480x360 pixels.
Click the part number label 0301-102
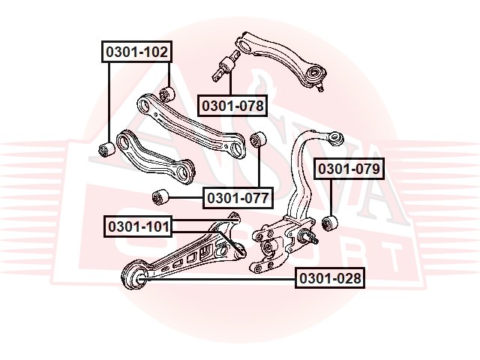[136, 52]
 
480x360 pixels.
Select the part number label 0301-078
[232, 106]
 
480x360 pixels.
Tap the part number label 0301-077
[238, 198]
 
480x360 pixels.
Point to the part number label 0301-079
[349, 169]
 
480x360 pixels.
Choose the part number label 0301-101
[138, 226]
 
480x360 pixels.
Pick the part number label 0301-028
[330, 278]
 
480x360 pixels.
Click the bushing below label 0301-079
[331, 223]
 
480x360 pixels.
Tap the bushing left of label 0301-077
[160, 197]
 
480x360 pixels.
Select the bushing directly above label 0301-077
[258, 139]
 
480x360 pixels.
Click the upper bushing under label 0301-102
[167, 93]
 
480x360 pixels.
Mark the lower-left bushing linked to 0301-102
[106, 148]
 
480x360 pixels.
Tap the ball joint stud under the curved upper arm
[320, 87]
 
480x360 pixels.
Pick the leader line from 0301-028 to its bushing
[219, 279]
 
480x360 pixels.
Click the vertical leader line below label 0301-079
[331, 198]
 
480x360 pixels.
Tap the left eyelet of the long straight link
[145, 105]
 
